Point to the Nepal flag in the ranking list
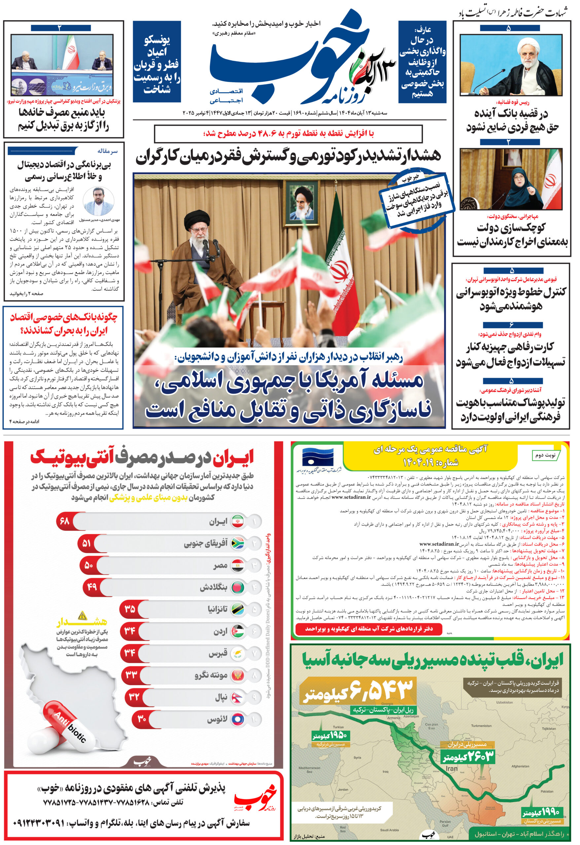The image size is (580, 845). point(237,696)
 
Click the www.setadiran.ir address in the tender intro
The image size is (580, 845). point(351,497)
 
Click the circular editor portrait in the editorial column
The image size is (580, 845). point(98,201)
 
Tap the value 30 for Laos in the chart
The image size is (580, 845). point(142,718)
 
